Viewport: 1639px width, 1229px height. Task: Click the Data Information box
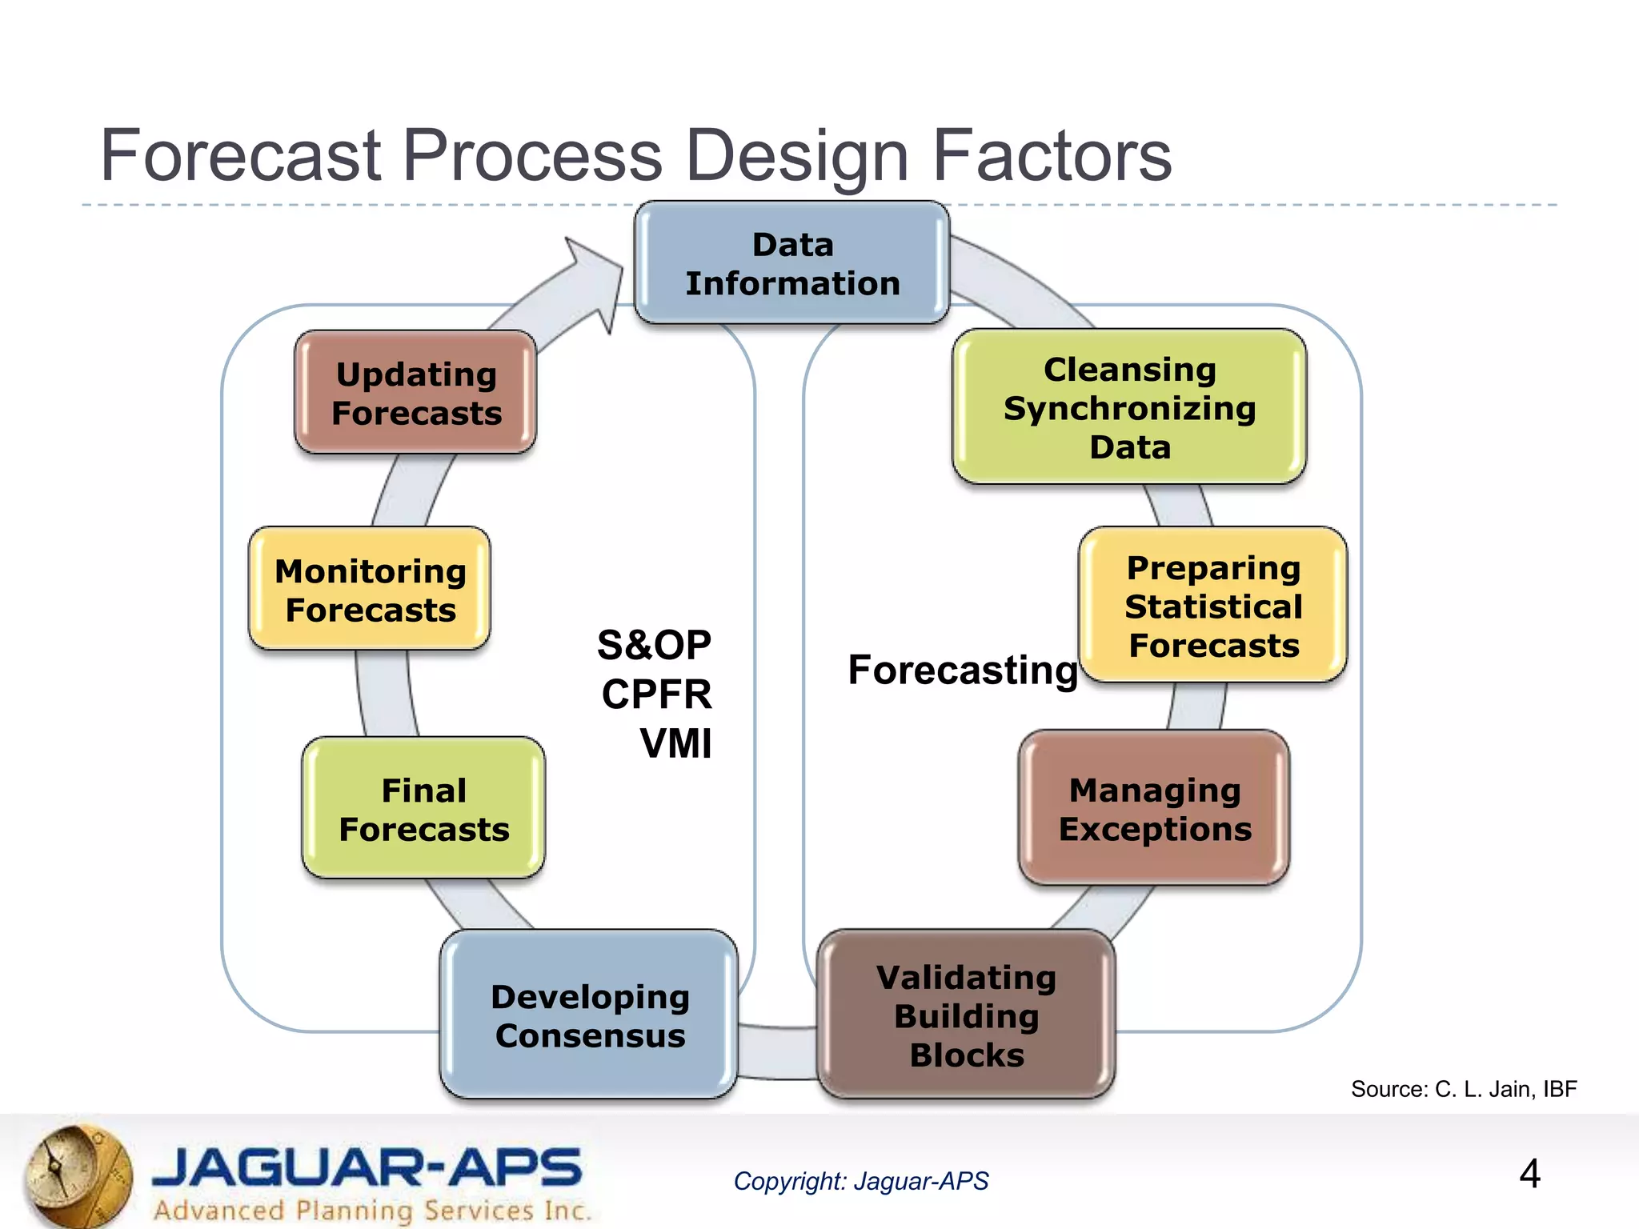pyautogui.click(x=791, y=263)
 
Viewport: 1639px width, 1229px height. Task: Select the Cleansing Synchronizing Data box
pyautogui.click(x=1129, y=407)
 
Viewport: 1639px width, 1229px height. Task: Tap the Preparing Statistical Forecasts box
pyautogui.click(x=1212, y=606)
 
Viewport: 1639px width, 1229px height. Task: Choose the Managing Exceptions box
pyautogui.click(x=1154, y=809)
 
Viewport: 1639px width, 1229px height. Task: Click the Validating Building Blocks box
pyautogui.click(x=966, y=1015)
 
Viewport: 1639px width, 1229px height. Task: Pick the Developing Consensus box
pyautogui.click(x=589, y=1015)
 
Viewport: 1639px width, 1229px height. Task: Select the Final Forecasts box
pyautogui.click(x=423, y=809)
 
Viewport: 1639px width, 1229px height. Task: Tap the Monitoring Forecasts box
pyautogui.click(x=370, y=590)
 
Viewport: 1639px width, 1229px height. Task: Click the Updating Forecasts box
pyautogui.click(x=415, y=393)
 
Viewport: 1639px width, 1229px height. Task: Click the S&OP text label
pyautogui.click(x=654, y=645)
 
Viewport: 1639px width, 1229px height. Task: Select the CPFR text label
pyautogui.click(x=656, y=694)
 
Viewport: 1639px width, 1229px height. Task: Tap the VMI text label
pyautogui.click(x=675, y=743)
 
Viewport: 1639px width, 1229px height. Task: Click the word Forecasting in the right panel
pyautogui.click(x=963, y=669)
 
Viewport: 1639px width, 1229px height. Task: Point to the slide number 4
pyautogui.click(x=1529, y=1174)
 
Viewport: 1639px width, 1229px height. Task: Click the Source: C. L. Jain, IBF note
pyautogui.click(x=1463, y=1089)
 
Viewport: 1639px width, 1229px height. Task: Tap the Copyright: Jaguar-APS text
pyautogui.click(x=860, y=1181)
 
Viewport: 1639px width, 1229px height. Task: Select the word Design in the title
pyautogui.click(x=797, y=155)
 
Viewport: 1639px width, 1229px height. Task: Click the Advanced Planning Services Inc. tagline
pyautogui.click(x=372, y=1210)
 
